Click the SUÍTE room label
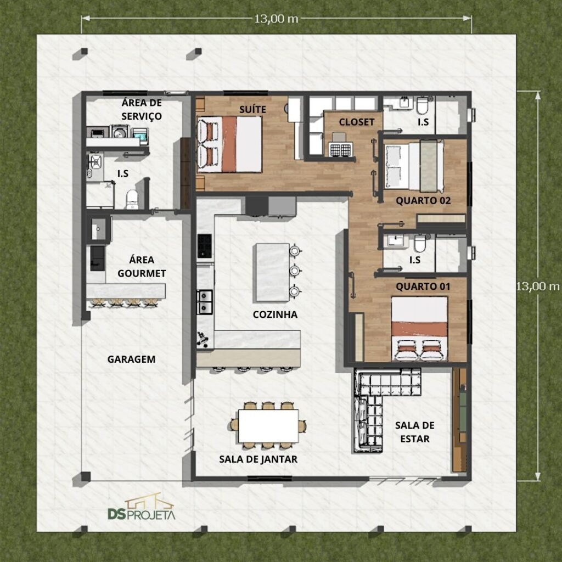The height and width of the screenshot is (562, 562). [x=252, y=109]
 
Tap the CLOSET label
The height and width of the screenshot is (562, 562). [x=357, y=122]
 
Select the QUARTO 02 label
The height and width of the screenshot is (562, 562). [x=423, y=201]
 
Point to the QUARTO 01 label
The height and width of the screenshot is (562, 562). [x=423, y=286]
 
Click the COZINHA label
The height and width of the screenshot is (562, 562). [x=275, y=314]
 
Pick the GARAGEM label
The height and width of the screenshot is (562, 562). [x=132, y=359]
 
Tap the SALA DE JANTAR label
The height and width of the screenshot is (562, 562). [x=258, y=459]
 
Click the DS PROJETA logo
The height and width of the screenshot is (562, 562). [x=142, y=507]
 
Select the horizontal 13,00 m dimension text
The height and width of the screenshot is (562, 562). [x=276, y=19]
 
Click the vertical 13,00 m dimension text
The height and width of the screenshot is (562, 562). [x=538, y=286]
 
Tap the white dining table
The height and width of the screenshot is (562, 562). [x=268, y=426]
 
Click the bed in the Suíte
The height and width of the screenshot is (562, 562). [x=229, y=144]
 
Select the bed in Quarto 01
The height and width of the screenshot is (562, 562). [x=419, y=328]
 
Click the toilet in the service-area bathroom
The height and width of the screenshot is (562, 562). [x=132, y=199]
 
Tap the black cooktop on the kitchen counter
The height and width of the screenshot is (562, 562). [x=205, y=246]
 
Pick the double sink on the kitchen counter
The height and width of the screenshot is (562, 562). [x=205, y=302]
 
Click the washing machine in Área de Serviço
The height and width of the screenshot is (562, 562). [x=120, y=132]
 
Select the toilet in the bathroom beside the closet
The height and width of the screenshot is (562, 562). [x=422, y=106]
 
